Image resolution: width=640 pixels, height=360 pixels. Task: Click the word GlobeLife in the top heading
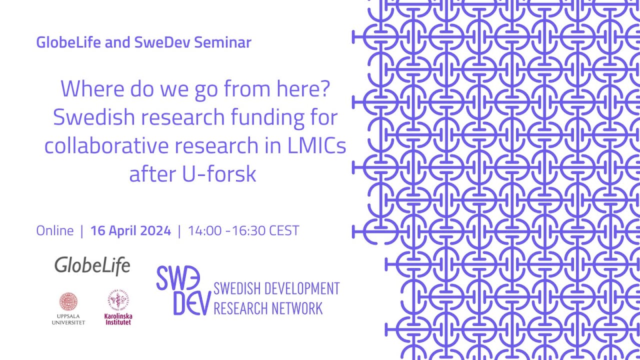(x=69, y=42)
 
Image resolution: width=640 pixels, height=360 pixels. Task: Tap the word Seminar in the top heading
(x=222, y=42)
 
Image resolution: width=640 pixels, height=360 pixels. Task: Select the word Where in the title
(x=92, y=89)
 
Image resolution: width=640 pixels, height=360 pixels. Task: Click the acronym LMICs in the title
(x=318, y=146)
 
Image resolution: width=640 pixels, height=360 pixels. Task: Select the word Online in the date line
(x=55, y=230)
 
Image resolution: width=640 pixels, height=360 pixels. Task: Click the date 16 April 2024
(x=130, y=230)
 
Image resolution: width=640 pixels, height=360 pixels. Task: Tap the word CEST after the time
(x=284, y=230)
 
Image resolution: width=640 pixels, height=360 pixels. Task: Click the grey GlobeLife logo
(x=92, y=265)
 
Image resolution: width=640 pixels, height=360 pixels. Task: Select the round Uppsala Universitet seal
(x=68, y=301)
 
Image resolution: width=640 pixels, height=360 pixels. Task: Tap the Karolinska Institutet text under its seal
(x=118, y=319)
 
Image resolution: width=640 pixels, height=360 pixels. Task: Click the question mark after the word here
(x=325, y=89)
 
